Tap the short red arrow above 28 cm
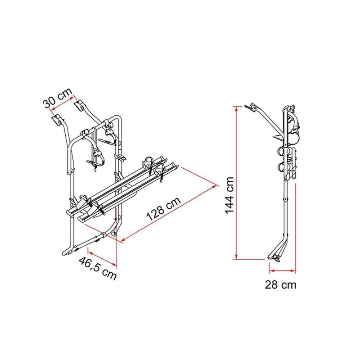[283, 271]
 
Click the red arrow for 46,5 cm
[103, 255]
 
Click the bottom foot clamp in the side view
[274, 257]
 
